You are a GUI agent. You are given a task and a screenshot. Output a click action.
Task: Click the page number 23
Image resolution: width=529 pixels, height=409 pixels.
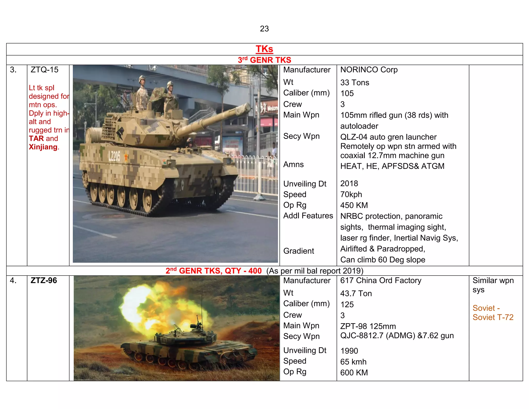[x=264, y=29]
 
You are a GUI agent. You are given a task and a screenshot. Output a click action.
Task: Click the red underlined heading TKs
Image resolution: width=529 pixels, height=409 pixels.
[x=264, y=49]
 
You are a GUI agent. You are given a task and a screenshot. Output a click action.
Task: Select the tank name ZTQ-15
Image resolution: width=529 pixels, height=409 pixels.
[x=44, y=70]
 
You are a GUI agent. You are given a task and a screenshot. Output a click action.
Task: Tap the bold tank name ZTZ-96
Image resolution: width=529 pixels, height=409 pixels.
[x=44, y=281]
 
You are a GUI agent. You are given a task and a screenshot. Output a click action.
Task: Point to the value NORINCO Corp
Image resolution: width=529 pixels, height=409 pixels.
[x=369, y=70]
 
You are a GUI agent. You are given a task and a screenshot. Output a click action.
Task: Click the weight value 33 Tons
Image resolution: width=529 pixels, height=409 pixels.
[x=355, y=83]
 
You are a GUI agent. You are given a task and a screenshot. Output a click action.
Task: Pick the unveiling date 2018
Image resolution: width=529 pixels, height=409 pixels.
[x=349, y=184]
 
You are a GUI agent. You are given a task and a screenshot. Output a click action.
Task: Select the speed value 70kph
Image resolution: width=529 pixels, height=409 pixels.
[x=351, y=194]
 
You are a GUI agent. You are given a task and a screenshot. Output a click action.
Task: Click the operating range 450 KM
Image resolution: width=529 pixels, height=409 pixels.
[x=354, y=205]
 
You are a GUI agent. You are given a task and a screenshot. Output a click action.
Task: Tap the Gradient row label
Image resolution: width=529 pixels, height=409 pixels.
[x=299, y=251]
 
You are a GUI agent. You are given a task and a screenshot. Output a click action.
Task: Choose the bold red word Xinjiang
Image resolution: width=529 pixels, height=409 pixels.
[x=43, y=147]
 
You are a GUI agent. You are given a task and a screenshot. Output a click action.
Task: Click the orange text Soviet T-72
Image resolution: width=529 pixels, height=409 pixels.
[x=493, y=317]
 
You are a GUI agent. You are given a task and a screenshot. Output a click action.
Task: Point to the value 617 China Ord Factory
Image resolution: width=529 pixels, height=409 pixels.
[x=380, y=281]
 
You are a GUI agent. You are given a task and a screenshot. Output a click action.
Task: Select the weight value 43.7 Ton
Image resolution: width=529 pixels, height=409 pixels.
[x=356, y=294]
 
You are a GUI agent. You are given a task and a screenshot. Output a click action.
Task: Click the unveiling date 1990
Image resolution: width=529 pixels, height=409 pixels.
[x=349, y=351]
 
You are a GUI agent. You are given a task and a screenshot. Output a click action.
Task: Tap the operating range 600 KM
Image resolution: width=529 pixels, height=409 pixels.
[x=354, y=373]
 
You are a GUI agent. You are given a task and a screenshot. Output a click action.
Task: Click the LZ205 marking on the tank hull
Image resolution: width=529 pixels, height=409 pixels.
[x=114, y=156]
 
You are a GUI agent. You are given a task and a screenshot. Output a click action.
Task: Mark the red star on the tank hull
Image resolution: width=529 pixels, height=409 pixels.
[x=126, y=157]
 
